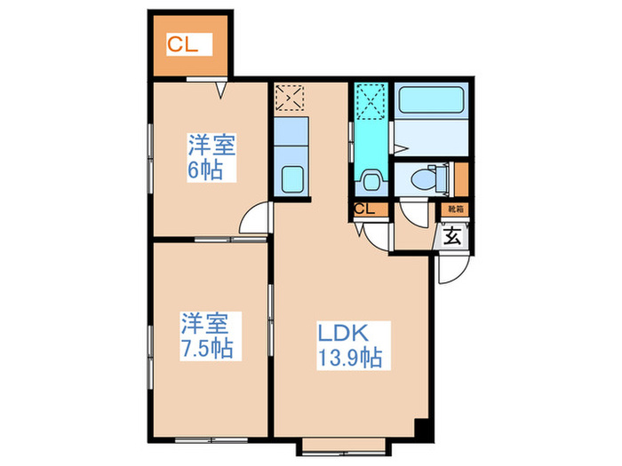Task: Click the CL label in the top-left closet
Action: coord(186,43)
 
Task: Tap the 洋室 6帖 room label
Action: coord(211,156)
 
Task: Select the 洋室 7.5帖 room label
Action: coord(207,335)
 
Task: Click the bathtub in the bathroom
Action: coord(432,100)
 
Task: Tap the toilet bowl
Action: coord(430,179)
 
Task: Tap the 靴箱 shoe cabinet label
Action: coord(455,209)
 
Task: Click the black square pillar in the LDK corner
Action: coord(425,427)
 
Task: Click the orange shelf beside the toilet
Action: coord(460,178)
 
